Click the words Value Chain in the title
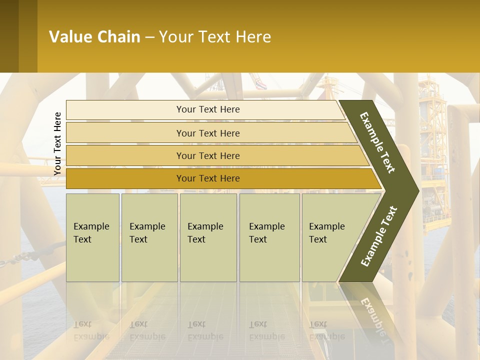pyautogui.click(x=94, y=36)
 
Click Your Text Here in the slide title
pyautogui.click(x=215, y=36)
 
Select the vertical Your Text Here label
pyautogui.click(x=57, y=143)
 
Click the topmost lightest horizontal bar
pyautogui.click(x=208, y=109)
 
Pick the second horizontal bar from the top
pyautogui.click(x=208, y=133)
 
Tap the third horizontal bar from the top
pyautogui.click(x=208, y=155)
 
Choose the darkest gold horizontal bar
pyautogui.click(x=208, y=178)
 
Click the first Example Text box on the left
pyautogui.click(x=92, y=237)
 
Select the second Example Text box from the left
pyautogui.click(x=149, y=237)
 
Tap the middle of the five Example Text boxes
pyautogui.click(x=208, y=237)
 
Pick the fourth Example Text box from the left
pyautogui.click(x=269, y=237)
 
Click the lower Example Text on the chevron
pyautogui.click(x=379, y=236)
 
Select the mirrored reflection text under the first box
pyautogui.click(x=91, y=330)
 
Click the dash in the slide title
pyautogui.click(x=149, y=37)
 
